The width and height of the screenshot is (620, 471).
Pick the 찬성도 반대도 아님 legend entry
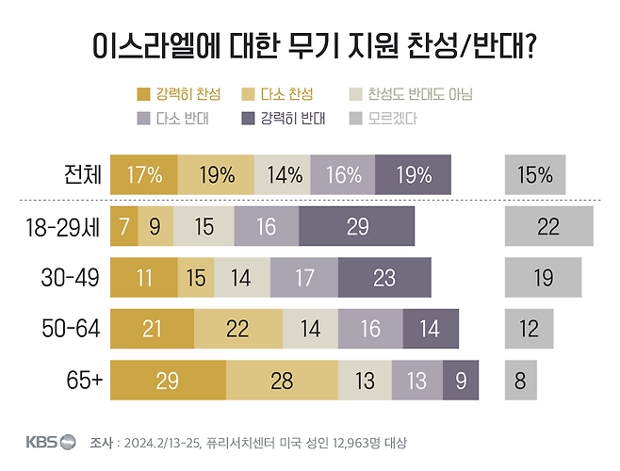tap(411, 94)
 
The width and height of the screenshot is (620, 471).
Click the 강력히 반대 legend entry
tap(284, 119)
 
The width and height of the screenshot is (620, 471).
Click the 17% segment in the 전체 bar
tap(143, 174)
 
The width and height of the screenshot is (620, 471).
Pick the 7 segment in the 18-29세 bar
tap(123, 226)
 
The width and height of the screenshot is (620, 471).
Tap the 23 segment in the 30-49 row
tap(383, 277)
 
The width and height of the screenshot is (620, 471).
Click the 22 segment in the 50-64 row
tap(238, 328)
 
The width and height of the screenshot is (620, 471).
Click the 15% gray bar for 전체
tap(534, 174)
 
